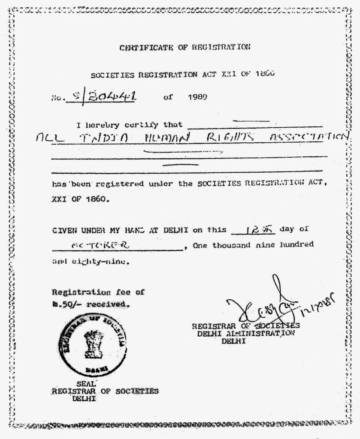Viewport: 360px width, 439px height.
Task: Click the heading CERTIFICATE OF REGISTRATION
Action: [x=185, y=48]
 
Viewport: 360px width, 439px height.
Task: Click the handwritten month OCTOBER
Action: [x=102, y=245]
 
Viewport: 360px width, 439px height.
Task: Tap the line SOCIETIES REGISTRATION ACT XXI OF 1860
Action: [x=182, y=74]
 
